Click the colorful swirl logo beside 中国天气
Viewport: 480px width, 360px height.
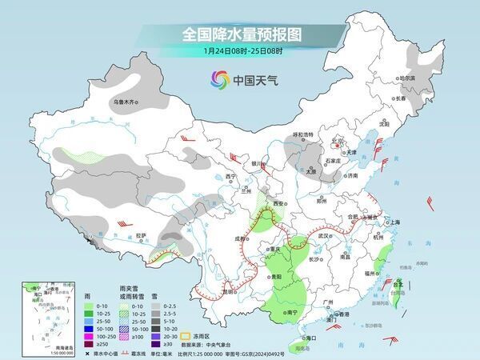[x=218, y=79]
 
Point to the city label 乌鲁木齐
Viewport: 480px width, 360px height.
[x=126, y=102]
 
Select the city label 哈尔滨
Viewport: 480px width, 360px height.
[x=407, y=78]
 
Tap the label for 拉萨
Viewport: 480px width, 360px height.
[x=141, y=235]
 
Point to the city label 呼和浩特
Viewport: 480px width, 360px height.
[x=303, y=134]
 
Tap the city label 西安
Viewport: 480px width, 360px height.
[x=278, y=205]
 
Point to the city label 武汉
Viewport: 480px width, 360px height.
[x=324, y=236]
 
